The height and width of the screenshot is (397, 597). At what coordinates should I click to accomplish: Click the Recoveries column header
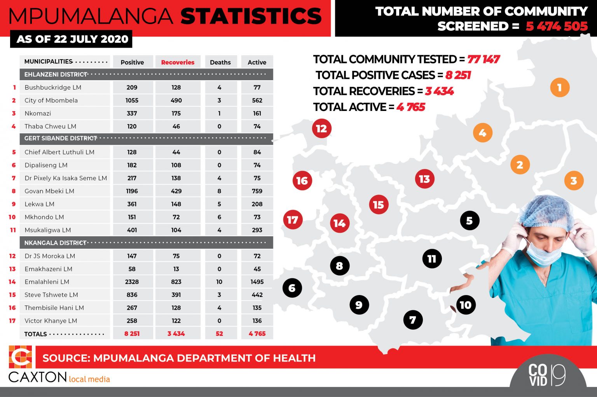click(178, 62)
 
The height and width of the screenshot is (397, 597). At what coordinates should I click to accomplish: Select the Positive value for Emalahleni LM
click(132, 282)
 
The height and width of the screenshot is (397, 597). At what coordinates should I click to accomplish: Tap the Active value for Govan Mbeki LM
click(257, 191)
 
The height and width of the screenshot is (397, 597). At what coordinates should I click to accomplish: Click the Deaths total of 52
click(219, 334)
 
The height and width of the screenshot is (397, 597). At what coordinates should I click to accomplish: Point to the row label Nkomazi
click(38, 113)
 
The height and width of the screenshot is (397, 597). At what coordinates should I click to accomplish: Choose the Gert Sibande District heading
click(61, 138)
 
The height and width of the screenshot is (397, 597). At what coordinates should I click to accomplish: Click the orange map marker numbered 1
click(560, 88)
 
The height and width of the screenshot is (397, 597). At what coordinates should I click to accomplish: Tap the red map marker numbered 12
click(321, 128)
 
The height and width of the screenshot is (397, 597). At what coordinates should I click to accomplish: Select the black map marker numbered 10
click(466, 305)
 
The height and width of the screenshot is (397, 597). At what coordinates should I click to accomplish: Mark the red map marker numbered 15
click(378, 205)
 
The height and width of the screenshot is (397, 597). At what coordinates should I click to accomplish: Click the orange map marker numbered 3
click(574, 181)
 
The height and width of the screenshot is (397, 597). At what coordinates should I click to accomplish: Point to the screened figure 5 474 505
click(557, 26)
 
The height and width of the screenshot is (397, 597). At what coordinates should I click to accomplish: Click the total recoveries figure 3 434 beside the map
click(439, 91)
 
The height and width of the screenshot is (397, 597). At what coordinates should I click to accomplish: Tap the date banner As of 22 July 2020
click(72, 39)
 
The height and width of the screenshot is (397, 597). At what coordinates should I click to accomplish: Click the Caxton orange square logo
click(20, 357)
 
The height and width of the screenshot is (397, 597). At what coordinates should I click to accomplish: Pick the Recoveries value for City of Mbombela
click(176, 100)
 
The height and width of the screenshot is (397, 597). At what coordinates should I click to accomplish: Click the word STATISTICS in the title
click(251, 16)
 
